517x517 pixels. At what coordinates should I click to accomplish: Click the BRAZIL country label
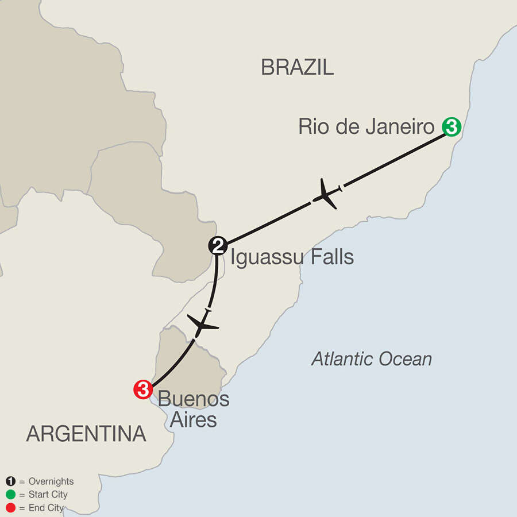pos(297,68)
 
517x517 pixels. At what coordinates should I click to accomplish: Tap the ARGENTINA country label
pos(86,434)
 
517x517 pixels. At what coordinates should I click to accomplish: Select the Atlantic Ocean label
pos(371,360)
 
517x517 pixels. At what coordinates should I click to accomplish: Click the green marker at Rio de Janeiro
pos(451,126)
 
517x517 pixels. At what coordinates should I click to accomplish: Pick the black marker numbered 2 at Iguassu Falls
pos(218,246)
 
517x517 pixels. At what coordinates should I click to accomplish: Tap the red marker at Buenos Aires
pos(142,390)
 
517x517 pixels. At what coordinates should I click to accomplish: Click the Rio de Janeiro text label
pos(366,127)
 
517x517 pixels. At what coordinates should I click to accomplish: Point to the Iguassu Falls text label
pos(292,257)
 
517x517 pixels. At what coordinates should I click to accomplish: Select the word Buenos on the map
pos(194,399)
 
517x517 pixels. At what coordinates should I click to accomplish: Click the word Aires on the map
pos(193,420)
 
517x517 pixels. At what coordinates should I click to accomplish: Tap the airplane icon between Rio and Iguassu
pos(325,194)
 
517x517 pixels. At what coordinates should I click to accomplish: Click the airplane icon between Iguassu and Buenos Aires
pos(201,326)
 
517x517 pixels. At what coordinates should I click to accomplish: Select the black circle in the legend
pos(10,481)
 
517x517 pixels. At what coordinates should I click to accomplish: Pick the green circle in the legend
pos(10,495)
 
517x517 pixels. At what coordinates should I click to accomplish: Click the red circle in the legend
pos(10,508)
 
